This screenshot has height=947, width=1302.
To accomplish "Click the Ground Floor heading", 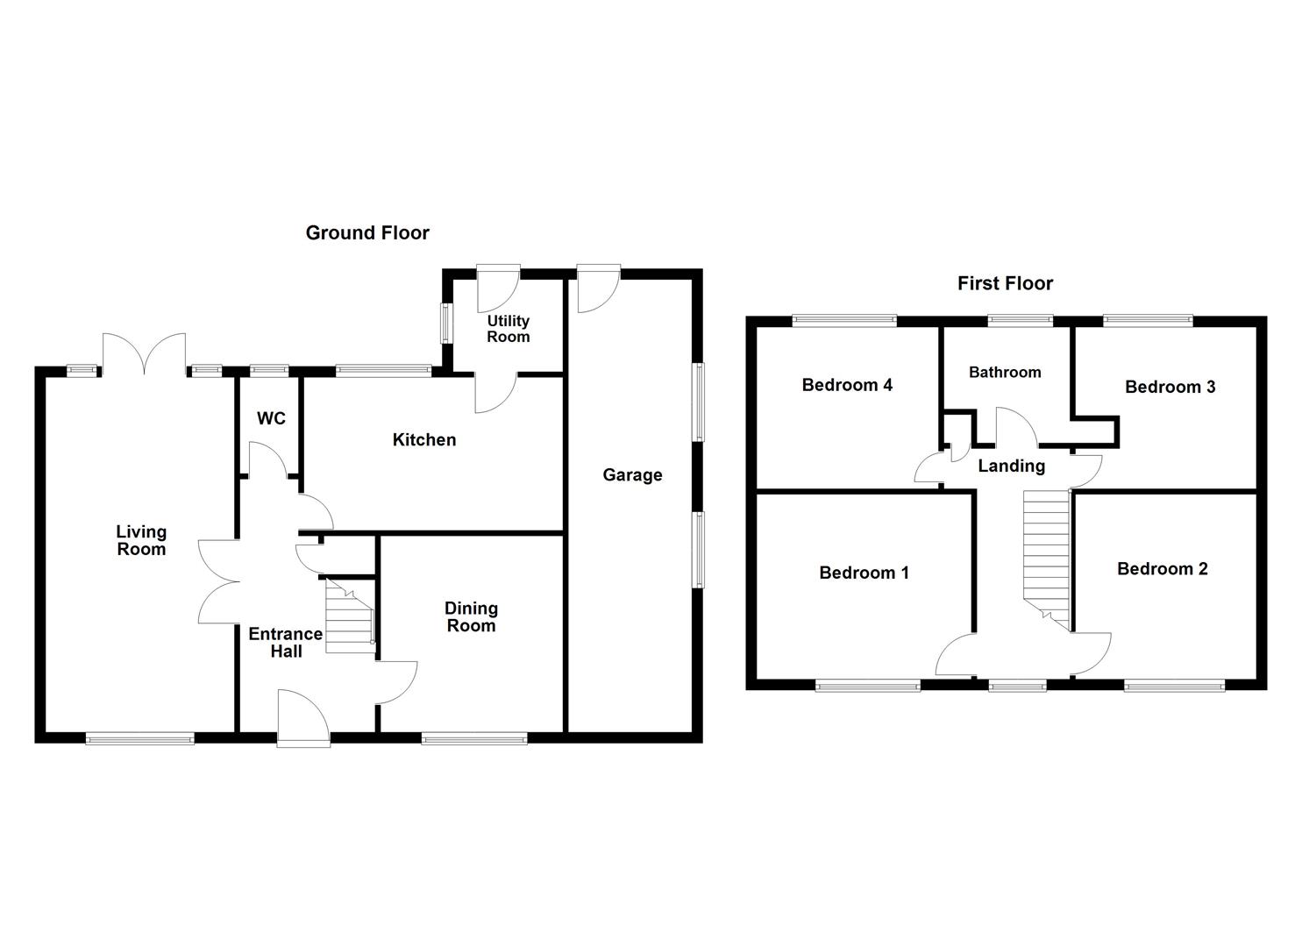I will point(367,233).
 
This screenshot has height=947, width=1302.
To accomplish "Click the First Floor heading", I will point(1005,283).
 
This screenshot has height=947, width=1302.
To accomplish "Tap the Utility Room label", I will point(509,329).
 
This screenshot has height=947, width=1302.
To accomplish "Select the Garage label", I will point(632,475).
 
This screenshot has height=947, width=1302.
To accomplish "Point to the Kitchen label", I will point(424,440).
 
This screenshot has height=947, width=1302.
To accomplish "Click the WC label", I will point(271,419).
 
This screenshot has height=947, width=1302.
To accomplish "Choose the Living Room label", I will point(141,540).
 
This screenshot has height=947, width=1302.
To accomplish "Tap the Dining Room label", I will point(471,617).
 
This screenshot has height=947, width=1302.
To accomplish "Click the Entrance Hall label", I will point(286,643).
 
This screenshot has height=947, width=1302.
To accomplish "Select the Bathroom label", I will point(1005,373).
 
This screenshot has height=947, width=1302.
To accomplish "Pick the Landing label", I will point(1012,466).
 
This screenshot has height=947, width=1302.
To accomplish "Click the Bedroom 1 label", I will point(864,573).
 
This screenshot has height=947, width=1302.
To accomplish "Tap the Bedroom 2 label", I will point(1162,569).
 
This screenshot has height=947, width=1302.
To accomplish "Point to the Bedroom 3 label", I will point(1170,387).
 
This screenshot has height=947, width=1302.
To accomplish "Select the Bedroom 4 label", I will point(847,385).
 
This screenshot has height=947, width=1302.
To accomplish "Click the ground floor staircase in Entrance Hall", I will point(349,616).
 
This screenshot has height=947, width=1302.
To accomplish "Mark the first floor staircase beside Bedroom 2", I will point(1047,557).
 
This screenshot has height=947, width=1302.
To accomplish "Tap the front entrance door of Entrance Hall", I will point(303,717).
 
